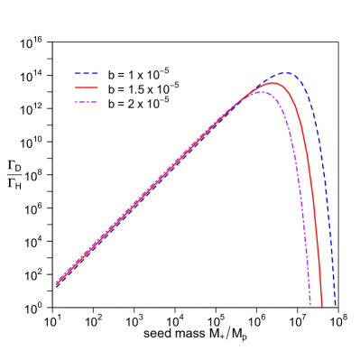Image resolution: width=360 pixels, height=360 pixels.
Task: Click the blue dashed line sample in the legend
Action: coord(87,74)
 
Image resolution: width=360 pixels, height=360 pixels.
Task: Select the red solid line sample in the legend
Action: coord(87,88)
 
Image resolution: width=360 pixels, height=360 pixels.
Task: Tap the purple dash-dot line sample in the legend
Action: coord(87,101)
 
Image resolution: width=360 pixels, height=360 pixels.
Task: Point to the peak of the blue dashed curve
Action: coord(286,73)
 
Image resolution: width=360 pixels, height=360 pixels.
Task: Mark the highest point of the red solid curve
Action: coord(272,83)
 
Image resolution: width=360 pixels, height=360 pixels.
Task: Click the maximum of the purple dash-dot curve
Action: coord(260,91)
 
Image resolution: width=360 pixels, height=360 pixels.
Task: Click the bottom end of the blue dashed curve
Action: coord(336,305)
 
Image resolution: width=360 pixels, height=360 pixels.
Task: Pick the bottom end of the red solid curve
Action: coord(322,305)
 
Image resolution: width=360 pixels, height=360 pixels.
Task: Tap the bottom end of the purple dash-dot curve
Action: coord(310,305)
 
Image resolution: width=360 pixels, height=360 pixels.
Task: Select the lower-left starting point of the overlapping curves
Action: coord(57,284)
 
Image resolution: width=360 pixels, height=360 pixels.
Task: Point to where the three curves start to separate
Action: coord(240,101)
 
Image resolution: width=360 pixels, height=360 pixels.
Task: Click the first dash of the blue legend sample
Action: coord(78,74)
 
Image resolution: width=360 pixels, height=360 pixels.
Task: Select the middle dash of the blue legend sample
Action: coord(87,74)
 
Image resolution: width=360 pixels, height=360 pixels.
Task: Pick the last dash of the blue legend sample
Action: coord(95,74)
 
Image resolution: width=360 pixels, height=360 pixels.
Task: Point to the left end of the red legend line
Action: coord(76,88)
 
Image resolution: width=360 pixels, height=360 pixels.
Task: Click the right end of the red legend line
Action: coord(97,88)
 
